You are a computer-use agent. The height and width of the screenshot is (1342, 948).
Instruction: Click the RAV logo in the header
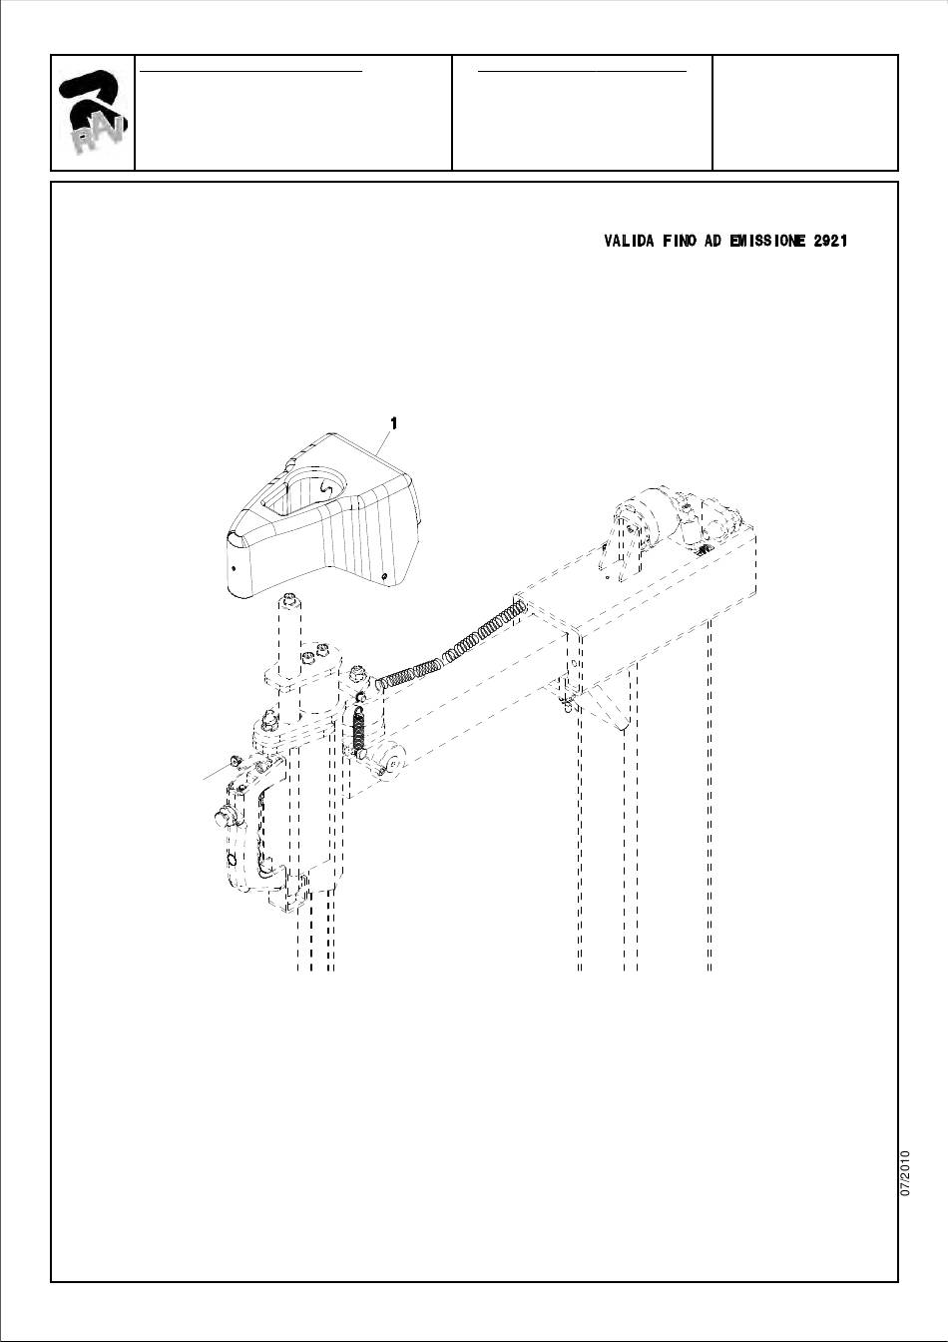coord(93,113)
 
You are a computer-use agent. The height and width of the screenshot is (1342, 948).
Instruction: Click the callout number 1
coord(394,423)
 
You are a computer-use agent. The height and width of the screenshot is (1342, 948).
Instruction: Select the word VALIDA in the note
coord(629,242)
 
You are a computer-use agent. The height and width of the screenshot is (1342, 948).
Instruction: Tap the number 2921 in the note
coord(830,242)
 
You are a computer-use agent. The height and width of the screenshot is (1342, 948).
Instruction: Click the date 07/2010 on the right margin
coord(905,1173)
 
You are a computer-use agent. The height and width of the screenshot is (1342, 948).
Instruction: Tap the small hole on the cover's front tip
coord(233,566)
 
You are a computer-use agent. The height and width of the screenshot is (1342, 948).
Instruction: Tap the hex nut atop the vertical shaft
coord(288,600)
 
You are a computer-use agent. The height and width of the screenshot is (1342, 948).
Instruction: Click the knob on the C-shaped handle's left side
coord(222,818)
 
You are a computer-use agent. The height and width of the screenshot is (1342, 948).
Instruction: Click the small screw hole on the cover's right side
coord(385,576)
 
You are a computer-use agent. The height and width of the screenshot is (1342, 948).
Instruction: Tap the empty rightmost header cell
coord(804,113)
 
